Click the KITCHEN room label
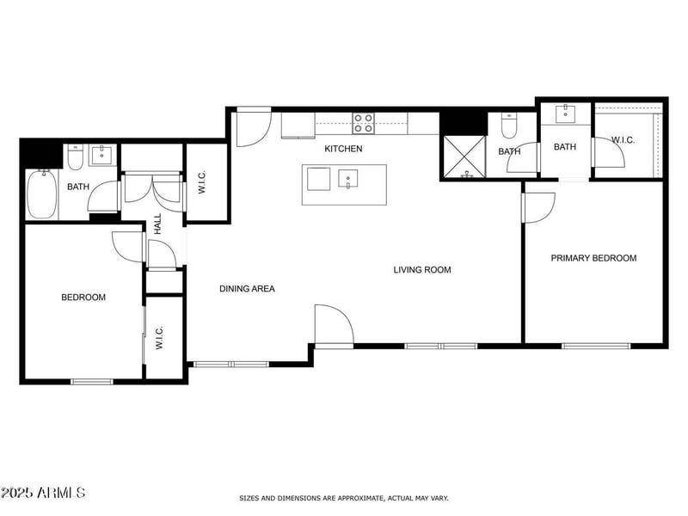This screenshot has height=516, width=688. [x=343, y=149]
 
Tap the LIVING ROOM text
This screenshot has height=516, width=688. [x=422, y=270]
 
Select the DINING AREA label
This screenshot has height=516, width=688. [x=247, y=289]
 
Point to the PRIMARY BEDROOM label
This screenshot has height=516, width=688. [x=593, y=258]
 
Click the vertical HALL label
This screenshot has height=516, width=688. [x=158, y=224]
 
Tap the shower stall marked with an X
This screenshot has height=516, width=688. [x=464, y=157]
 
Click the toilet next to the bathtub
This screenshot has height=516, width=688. [x=75, y=157]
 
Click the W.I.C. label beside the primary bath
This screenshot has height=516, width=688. [x=623, y=139]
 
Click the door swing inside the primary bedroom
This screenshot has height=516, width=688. [x=537, y=206]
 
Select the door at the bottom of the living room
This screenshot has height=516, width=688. [x=333, y=327]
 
